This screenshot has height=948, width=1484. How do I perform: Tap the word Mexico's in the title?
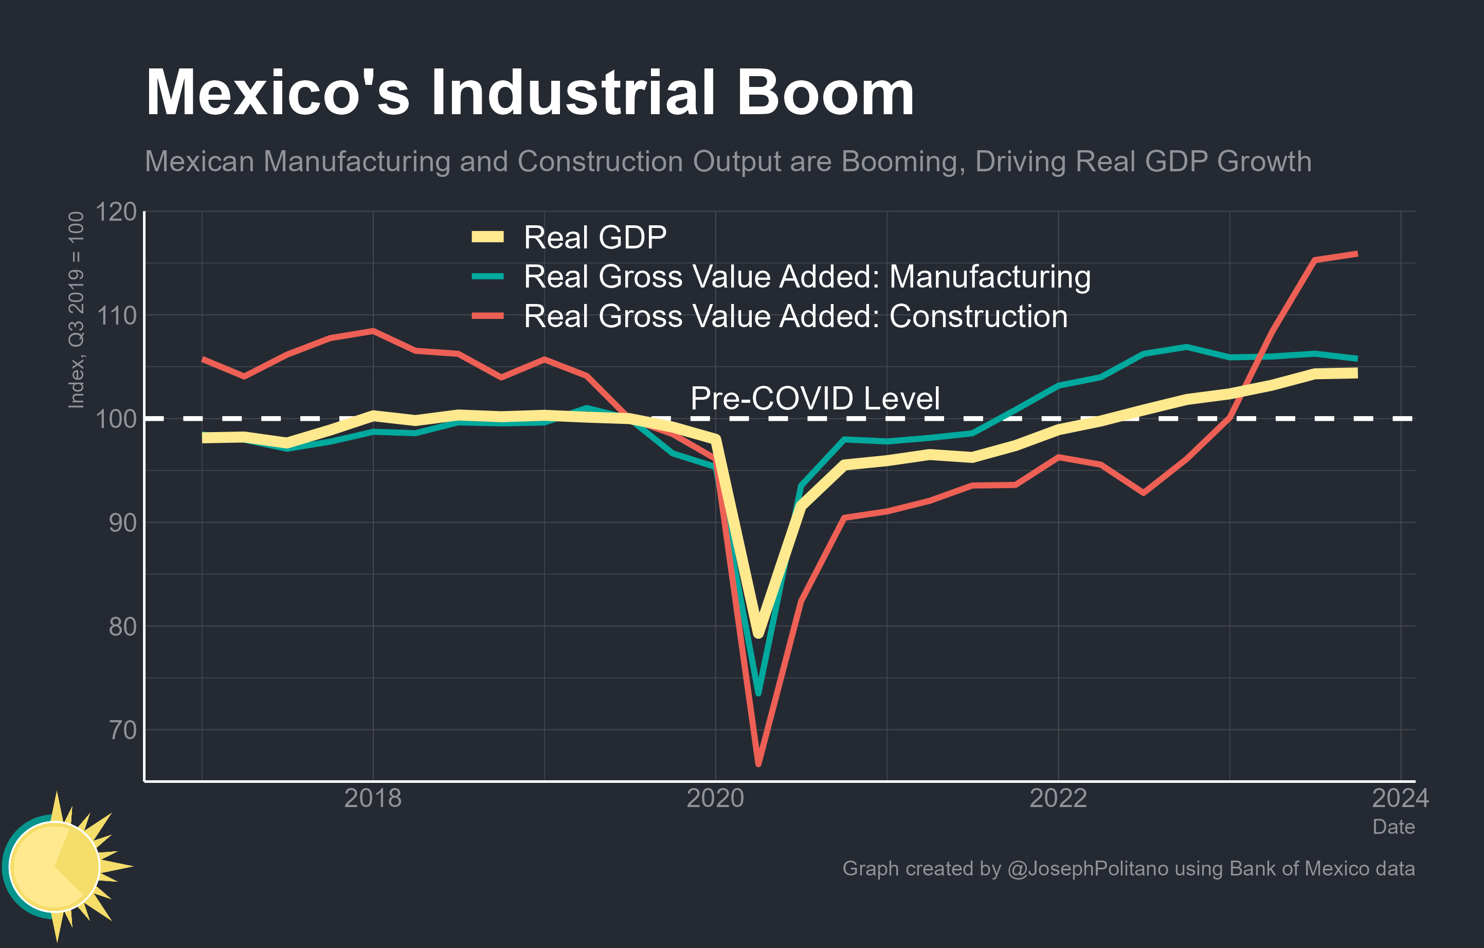coord(277,94)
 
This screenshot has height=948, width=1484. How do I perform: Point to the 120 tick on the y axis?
coord(116,212)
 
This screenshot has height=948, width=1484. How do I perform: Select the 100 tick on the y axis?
coord(116,419)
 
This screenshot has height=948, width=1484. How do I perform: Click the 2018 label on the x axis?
coord(372,799)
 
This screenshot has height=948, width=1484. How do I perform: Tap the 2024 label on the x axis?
coord(1400,799)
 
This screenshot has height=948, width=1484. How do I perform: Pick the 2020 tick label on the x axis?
coord(715,799)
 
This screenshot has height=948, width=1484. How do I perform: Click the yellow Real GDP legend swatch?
coord(487,237)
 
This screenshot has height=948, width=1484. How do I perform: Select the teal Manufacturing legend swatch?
coord(487,277)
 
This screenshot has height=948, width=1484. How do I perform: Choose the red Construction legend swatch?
coord(487,316)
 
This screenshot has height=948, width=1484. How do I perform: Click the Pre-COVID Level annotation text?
coord(815,398)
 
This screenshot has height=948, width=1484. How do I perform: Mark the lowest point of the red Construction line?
coord(758,764)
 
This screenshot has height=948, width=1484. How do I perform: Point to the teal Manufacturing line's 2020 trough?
coord(758,693)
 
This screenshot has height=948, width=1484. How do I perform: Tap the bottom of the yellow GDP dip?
coord(758,634)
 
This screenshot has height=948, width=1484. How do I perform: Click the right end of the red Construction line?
coord(1356,254)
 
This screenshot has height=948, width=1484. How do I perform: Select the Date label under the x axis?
coord(1393,827)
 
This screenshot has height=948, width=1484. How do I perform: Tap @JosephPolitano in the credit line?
coord(1087,868)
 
